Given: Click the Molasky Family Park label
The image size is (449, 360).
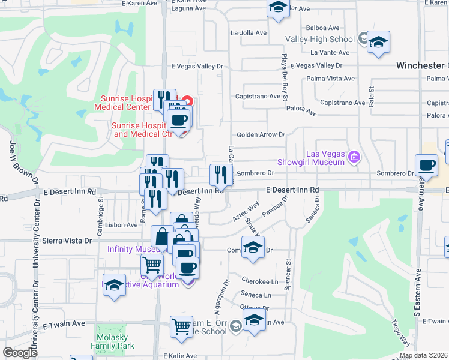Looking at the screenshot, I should [112, 341].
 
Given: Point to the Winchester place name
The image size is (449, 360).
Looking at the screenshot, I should [420, 65].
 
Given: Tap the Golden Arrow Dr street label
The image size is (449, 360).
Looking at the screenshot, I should [260, 135].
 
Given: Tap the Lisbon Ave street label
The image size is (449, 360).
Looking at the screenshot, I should [122, 225].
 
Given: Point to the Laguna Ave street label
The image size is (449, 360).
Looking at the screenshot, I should [188, 8].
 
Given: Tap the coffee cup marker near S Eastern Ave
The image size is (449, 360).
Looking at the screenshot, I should [426, 165].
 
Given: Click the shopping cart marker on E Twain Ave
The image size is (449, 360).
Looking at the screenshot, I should [181, 327].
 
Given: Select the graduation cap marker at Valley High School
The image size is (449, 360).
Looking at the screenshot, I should [378, 43].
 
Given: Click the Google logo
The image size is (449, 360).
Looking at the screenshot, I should [20, 353].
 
